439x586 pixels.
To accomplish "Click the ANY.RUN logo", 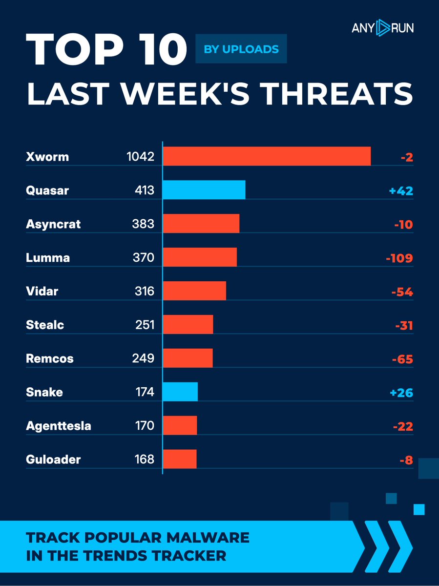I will pyautogui.click(x=382, y=28).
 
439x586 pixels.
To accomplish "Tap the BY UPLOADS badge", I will pyautogui.click(x=241, y=49).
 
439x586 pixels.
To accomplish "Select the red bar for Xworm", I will pyautogui.click(x=267, y=156).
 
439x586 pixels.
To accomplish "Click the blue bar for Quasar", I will pyautogui.click(x=204, y=189).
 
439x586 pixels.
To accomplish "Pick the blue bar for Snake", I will pyautogui.click(x=180, y=392).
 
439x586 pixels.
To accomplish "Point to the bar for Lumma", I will pyautogui.click(x=200, y=257).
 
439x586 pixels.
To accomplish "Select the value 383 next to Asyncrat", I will pyautogui.click(x=143, y=224).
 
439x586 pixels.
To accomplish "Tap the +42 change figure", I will pyautogui.click(x=401, y=190).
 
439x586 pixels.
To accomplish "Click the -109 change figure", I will pyautogui.click(x=399, y=258).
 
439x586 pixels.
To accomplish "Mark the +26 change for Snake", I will pyautogui.click(x=401, y=393).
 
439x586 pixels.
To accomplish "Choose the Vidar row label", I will pyautogui.click(x=42, y=292).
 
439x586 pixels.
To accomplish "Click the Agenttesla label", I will pyautogui.click(x=58, y=426).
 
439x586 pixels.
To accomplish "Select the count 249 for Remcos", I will pyautogui.click(x=143, y=359).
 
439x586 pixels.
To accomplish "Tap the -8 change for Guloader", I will pyautogui.click(x=405, y=460).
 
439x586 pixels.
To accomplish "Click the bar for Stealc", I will pyautogui.click(x=188, y=324).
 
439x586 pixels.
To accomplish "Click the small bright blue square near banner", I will pyautogui.click(x=419, y=510).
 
